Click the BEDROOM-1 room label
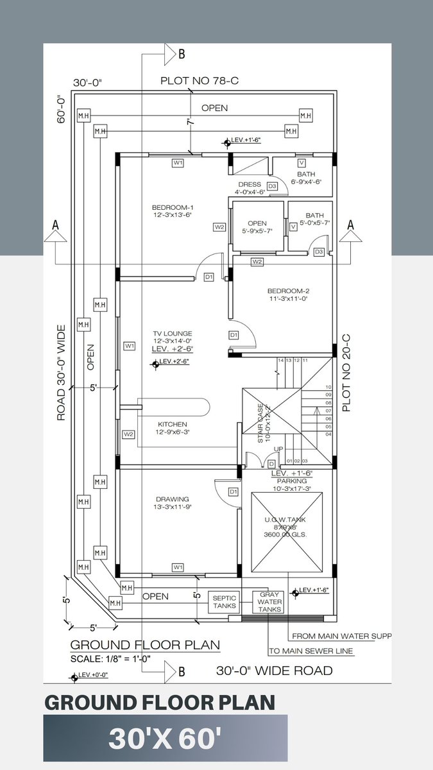(173, 207)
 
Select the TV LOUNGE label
(172, 333)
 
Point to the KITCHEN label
(173, 424)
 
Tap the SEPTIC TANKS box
(225, 601)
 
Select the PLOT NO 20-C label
(346, 373)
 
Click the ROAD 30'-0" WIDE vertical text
(62, 373)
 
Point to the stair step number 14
(280, 361)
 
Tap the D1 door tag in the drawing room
(233, 492)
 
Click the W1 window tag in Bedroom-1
(178, 163)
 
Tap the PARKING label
(292, 480)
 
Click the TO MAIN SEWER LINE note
(310, 651)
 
